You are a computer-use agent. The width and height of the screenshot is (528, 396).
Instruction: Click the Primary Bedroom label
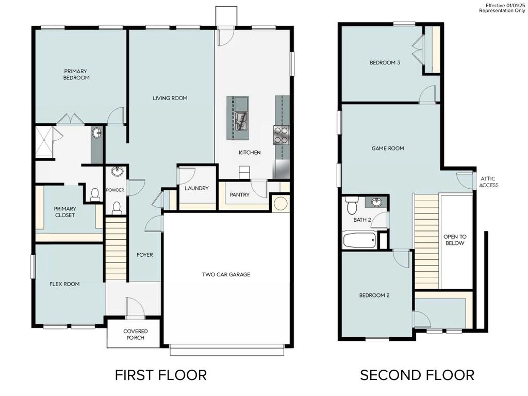pos(76,74)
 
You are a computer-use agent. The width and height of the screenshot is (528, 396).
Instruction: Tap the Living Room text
pos(170,98)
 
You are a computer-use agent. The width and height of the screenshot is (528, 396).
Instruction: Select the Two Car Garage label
pos(226,274)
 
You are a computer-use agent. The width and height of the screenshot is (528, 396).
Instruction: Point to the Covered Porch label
pos(136,335)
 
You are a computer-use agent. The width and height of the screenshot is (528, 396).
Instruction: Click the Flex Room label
pos(64,284)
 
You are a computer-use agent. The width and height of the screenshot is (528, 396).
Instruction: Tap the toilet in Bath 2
pos(352,205)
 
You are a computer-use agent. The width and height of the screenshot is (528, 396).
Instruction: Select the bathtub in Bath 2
pos(359,240)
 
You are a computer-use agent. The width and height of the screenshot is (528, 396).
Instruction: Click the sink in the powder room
pos(117,172)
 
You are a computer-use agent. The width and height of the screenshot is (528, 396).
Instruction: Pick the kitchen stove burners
pos(281,135)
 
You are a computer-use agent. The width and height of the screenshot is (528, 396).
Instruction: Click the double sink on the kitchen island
pos(240,121)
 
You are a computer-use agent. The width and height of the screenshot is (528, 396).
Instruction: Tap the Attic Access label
pos(489,181)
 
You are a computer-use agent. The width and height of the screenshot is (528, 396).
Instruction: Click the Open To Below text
pos(454,240)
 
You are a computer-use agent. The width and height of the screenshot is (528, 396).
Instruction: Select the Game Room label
pos(388,148)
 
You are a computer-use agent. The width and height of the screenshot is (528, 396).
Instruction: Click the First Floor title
pos(160,375)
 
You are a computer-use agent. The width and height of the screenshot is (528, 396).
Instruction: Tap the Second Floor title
pos(417,375)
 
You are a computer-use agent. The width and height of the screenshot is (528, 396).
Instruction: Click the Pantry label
pos(239,195)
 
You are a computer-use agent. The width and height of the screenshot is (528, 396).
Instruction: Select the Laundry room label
pos(196,188)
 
